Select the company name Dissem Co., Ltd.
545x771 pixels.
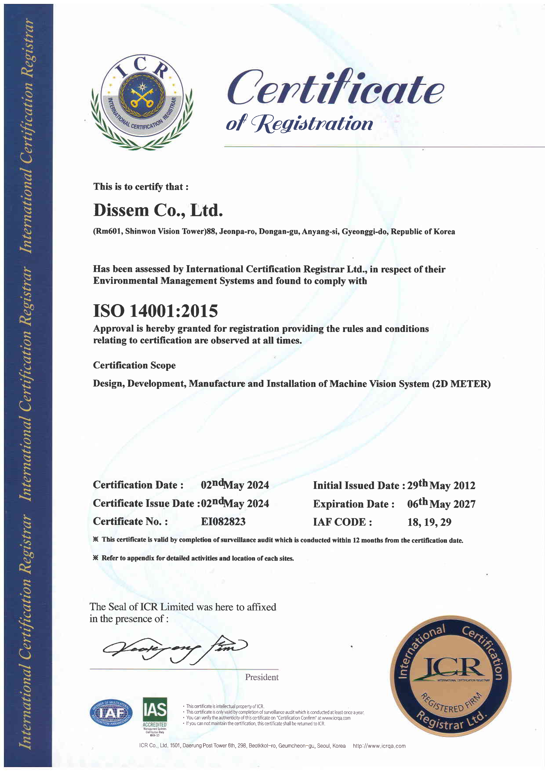pos(158,210)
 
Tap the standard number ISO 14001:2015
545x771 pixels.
pos(155,311)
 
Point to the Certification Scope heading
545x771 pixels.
pos(134,365)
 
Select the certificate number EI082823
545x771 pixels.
pos(223,521)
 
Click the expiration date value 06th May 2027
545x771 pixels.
pos(441,504)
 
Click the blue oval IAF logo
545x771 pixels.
pos(111,713)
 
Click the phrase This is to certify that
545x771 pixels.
pos(141,187)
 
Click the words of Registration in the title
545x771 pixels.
pos(299,123)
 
